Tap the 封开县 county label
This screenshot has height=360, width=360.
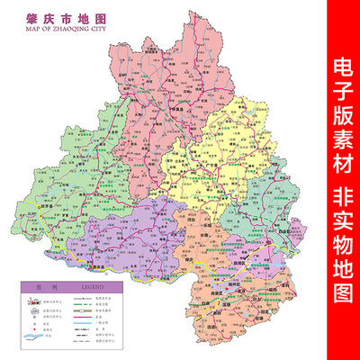click(x=41, y=203)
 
